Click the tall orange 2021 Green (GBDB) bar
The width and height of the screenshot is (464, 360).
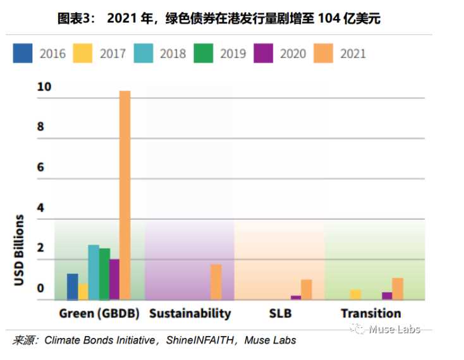pos(125,195)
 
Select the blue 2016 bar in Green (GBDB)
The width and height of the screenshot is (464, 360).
pos(72,287)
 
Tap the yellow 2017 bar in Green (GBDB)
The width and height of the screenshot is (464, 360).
pos(83,292)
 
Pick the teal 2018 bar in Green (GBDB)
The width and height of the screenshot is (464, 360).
pos(94,272)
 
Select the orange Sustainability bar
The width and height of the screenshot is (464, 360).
pos(216,282)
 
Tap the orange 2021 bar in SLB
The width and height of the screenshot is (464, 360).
pos(307,289)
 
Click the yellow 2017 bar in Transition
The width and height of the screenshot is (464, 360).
pos(355,294)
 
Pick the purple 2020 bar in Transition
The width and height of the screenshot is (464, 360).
pos(387,296)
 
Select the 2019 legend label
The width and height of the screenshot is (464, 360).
pos(233,54)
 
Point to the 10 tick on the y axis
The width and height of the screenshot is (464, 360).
pos(44,87)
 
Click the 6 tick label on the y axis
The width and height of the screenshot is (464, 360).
pos(41,167)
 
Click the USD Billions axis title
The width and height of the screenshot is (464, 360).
pos(20,250)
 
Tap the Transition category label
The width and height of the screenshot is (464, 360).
pos(370,313)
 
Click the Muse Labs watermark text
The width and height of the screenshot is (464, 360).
pos(394,329)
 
